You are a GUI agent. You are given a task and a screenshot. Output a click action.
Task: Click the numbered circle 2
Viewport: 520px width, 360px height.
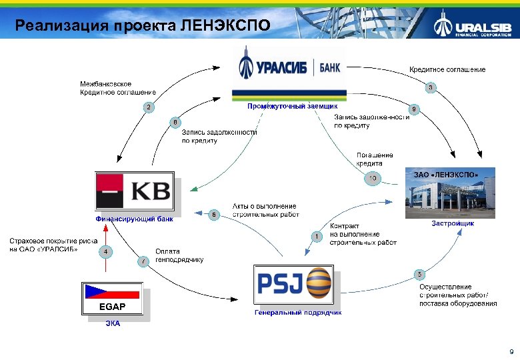149,107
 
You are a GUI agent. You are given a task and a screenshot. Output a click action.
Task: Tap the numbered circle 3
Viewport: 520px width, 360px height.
431,87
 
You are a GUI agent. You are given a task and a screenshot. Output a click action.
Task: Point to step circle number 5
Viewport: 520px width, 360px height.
419,275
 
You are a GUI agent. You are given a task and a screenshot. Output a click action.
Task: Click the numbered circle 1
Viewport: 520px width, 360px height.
316,236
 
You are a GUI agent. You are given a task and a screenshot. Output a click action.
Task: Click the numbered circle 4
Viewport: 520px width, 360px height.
105,251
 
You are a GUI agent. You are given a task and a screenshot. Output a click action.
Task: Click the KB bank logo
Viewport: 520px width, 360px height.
137,192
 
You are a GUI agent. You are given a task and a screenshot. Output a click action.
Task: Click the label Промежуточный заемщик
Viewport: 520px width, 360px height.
292,106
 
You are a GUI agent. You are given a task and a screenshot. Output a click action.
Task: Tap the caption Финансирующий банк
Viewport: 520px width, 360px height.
134,218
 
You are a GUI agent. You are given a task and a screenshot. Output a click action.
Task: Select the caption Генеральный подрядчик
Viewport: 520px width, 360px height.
298,312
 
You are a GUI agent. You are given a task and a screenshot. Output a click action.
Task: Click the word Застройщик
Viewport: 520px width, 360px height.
452,223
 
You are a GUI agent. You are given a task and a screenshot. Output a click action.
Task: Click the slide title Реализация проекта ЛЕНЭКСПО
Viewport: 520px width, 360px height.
143,26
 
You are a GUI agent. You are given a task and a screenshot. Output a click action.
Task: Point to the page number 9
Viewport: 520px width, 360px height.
511,351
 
